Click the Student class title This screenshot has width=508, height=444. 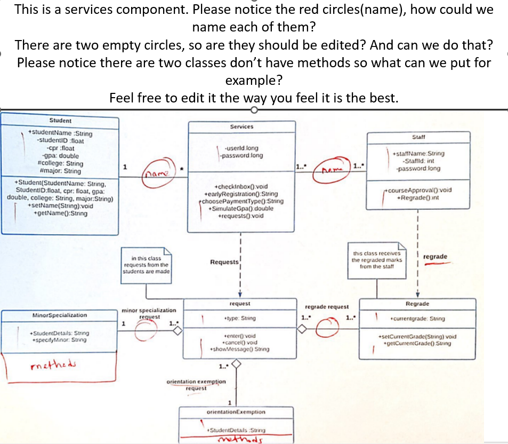click(60, 121)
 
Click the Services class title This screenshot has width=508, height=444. click(241, 126)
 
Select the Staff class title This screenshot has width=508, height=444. click(418, 137)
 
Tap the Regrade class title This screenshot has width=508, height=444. click(417, 304)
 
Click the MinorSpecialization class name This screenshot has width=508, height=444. click(52, 315)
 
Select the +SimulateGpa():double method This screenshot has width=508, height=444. click(241, 209)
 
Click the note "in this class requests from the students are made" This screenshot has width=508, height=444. click(146, 265)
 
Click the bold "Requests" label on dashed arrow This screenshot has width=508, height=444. click(224, 262)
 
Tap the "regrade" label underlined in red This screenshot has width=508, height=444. click(434, 257)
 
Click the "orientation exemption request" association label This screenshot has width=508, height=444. click(196, 385)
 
